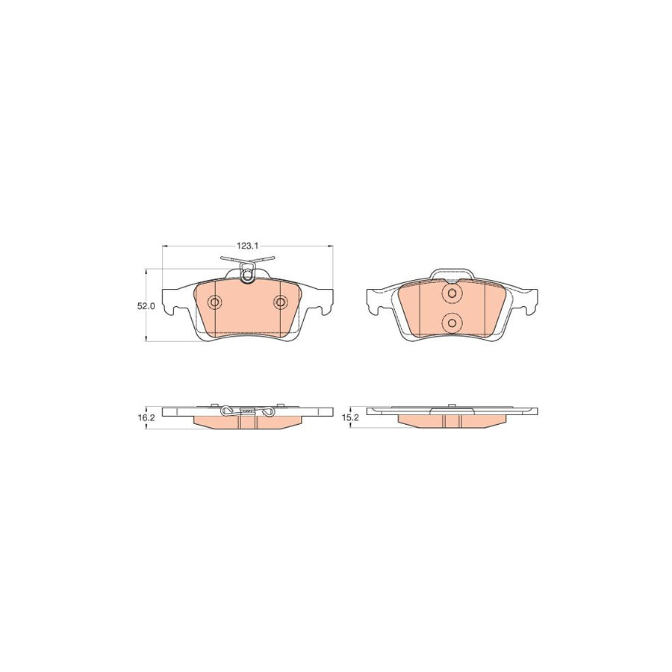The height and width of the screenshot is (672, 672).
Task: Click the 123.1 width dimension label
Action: tap(247, 245)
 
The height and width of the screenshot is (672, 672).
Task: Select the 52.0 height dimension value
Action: tap(146, 306)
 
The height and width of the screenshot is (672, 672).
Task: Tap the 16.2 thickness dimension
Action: tap(145, 419)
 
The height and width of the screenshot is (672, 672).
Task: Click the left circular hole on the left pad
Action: tap(215, 302)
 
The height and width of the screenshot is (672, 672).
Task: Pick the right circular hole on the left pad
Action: tap(280, 302)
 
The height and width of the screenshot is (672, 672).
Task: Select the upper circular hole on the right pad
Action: tap(451, 294)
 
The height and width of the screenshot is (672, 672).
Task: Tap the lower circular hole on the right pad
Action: tap(451, 322)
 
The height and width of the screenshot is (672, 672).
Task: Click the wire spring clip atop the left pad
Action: tap(247, 267)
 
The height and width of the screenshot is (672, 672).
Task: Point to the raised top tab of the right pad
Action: tap(450, 273)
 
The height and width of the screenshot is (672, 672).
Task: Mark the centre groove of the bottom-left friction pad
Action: tap(247, 422)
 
